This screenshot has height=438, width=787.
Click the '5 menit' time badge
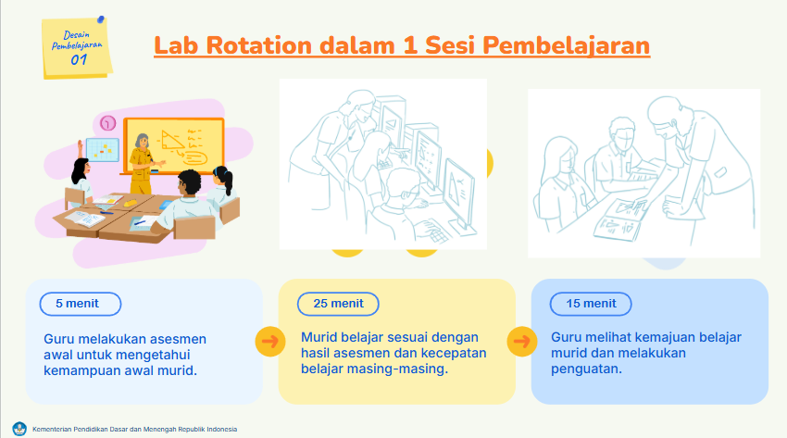81,304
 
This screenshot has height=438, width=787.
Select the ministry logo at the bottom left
19,429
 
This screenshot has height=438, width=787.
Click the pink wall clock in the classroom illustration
107,123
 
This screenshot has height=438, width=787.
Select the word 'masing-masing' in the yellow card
405,369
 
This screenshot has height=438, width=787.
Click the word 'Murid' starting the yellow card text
318,338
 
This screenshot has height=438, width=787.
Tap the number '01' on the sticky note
80,58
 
